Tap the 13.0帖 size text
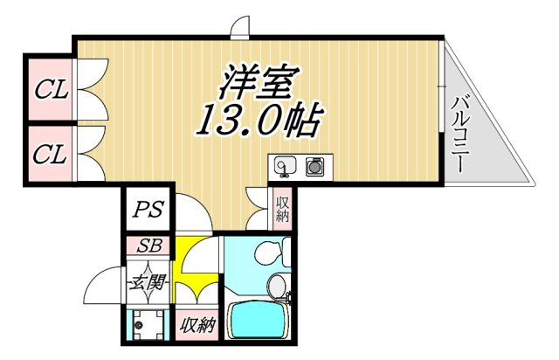pyautogui.click(x=253, y=121)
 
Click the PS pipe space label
pyautogui.click(x=146, y=211)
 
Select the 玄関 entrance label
pyautogui.click(x=146, y=283)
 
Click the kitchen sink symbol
pyautogui.click(x=284, y=164)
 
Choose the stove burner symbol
pyautogui.click(x=314, y=164)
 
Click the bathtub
pyautogui.click(x=261, y=321)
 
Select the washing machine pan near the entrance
pyautogui.click(x=146, y=326)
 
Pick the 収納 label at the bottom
pyautogui.click(x=197, y=326)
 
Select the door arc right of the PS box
pyautogui.click(x=194, y=214)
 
